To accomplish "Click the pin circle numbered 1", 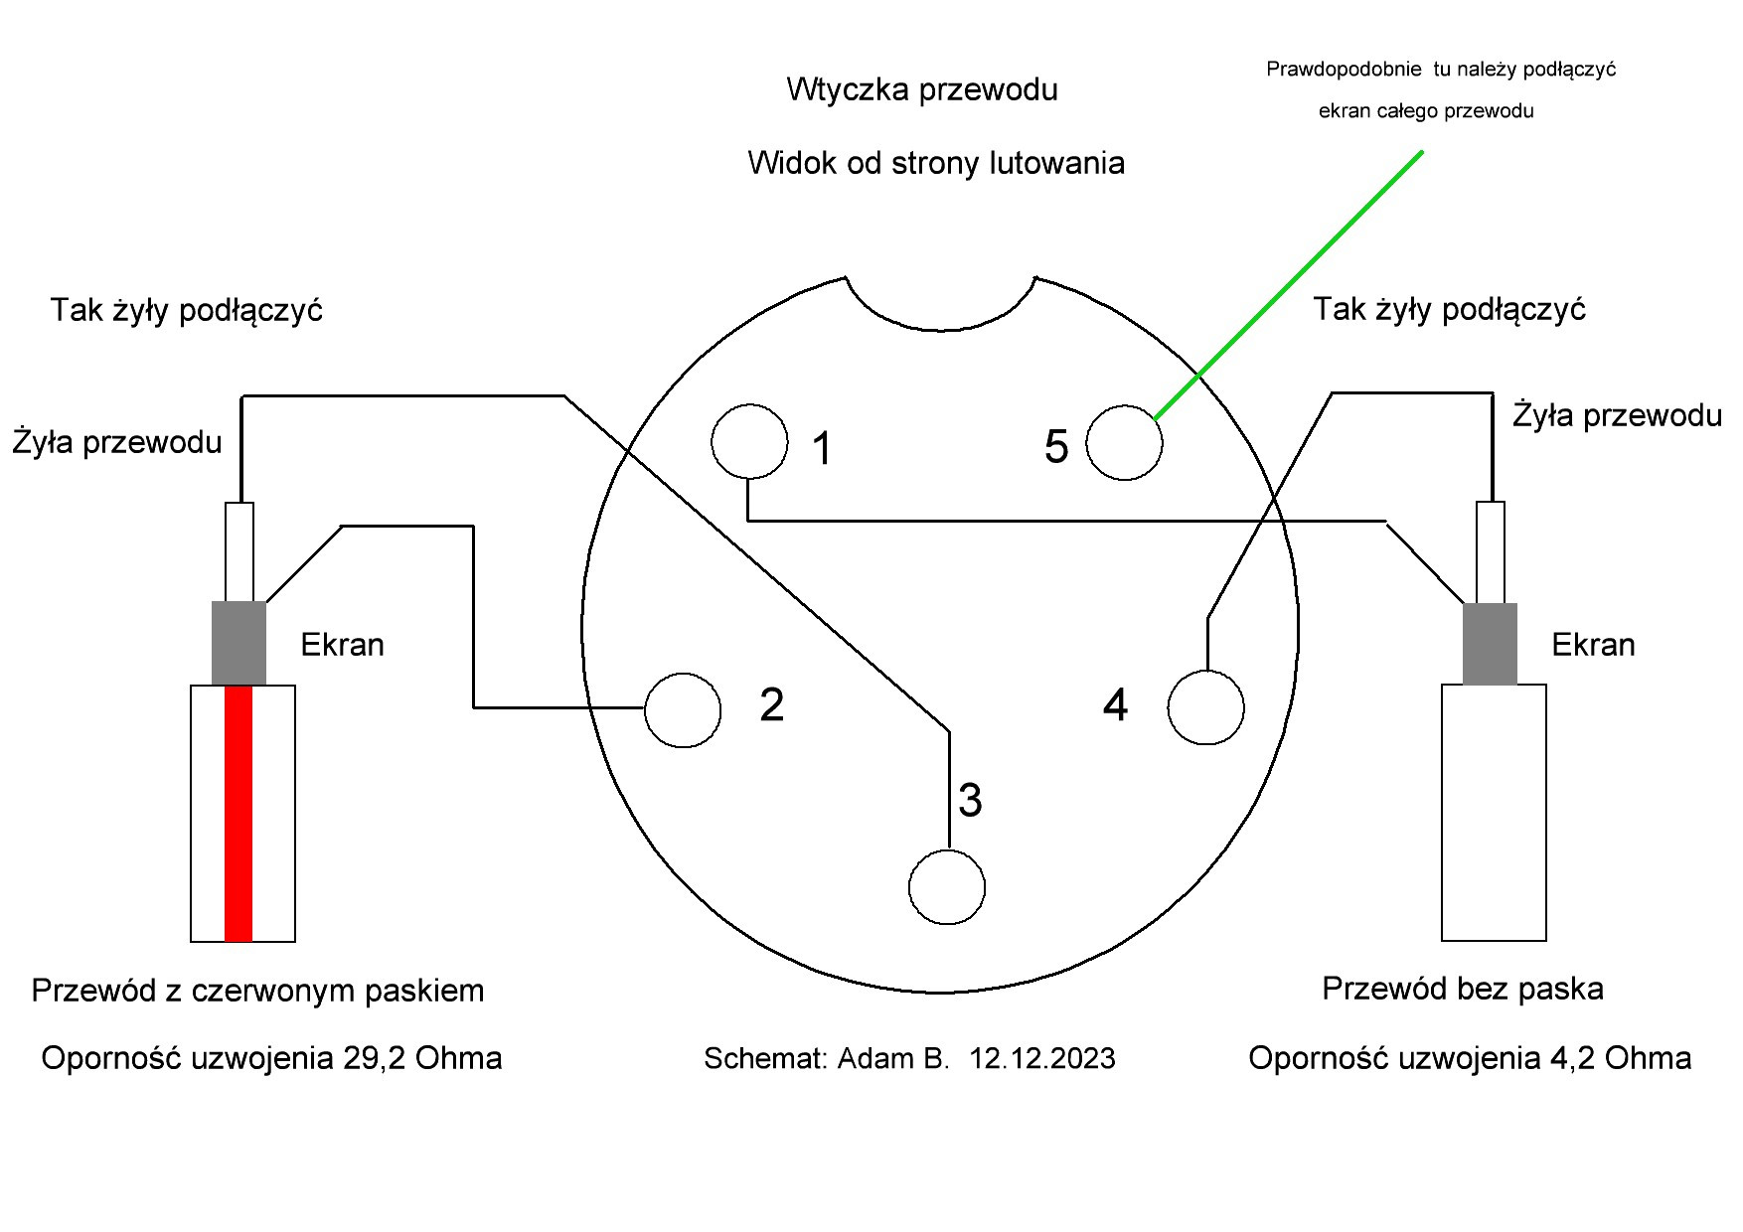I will pos(749,441).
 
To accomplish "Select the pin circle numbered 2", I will pos(682,709).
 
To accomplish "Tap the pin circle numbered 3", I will pos(946,886).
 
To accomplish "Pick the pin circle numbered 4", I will pos(1205,707).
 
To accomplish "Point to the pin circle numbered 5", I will pos(1124,442).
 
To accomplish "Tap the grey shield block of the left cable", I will pos(238,643).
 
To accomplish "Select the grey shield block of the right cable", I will pos(1490,643).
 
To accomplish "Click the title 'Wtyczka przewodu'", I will pos(921,89).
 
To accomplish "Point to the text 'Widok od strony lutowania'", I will pos(935,163).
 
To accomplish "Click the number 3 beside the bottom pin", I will pos(970,800).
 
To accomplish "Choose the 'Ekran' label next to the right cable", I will pos(1593,645).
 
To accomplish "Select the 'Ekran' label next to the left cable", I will pos(342,645).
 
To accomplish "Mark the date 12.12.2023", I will pos(1042,1059).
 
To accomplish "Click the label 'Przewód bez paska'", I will pos(1462,989).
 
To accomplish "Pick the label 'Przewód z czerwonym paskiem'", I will pos(257,991).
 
